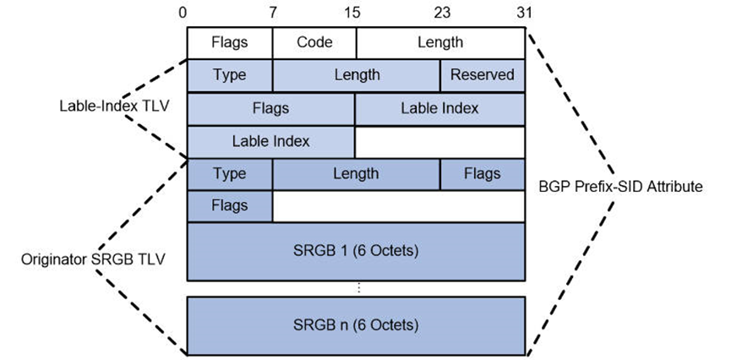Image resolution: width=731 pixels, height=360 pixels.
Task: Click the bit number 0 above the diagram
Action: click(x=183, y=13)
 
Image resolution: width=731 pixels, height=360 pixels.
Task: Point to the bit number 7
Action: click(x=272, y=13)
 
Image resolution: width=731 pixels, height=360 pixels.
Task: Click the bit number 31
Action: click(x=525, y=13)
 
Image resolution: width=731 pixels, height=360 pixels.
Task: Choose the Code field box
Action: click(x=314, y=41)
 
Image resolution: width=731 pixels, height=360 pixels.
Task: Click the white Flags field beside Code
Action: click(x=229, y=41)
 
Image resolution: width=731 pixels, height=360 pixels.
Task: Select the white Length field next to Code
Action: click(x=440, y=41)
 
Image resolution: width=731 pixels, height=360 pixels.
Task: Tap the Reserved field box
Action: click(x=482, y=74)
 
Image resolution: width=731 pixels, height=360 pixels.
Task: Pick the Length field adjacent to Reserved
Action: click(x=356, y=74)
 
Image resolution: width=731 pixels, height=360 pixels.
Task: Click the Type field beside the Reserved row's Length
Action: click(x=229, y=74)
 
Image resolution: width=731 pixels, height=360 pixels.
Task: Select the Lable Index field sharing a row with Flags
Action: click(x=439, y=108)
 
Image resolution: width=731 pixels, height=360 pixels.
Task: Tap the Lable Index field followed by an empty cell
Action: click(x=270, y=141)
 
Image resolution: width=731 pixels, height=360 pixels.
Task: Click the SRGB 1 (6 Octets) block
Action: click(x=355, y=251)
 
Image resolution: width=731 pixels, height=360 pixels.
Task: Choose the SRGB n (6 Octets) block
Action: click(x=355, y=324)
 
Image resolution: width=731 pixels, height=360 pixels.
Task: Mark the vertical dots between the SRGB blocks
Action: click(x=357, y=288)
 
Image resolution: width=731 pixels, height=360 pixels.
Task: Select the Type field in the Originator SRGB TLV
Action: click(x=229, y=174)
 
